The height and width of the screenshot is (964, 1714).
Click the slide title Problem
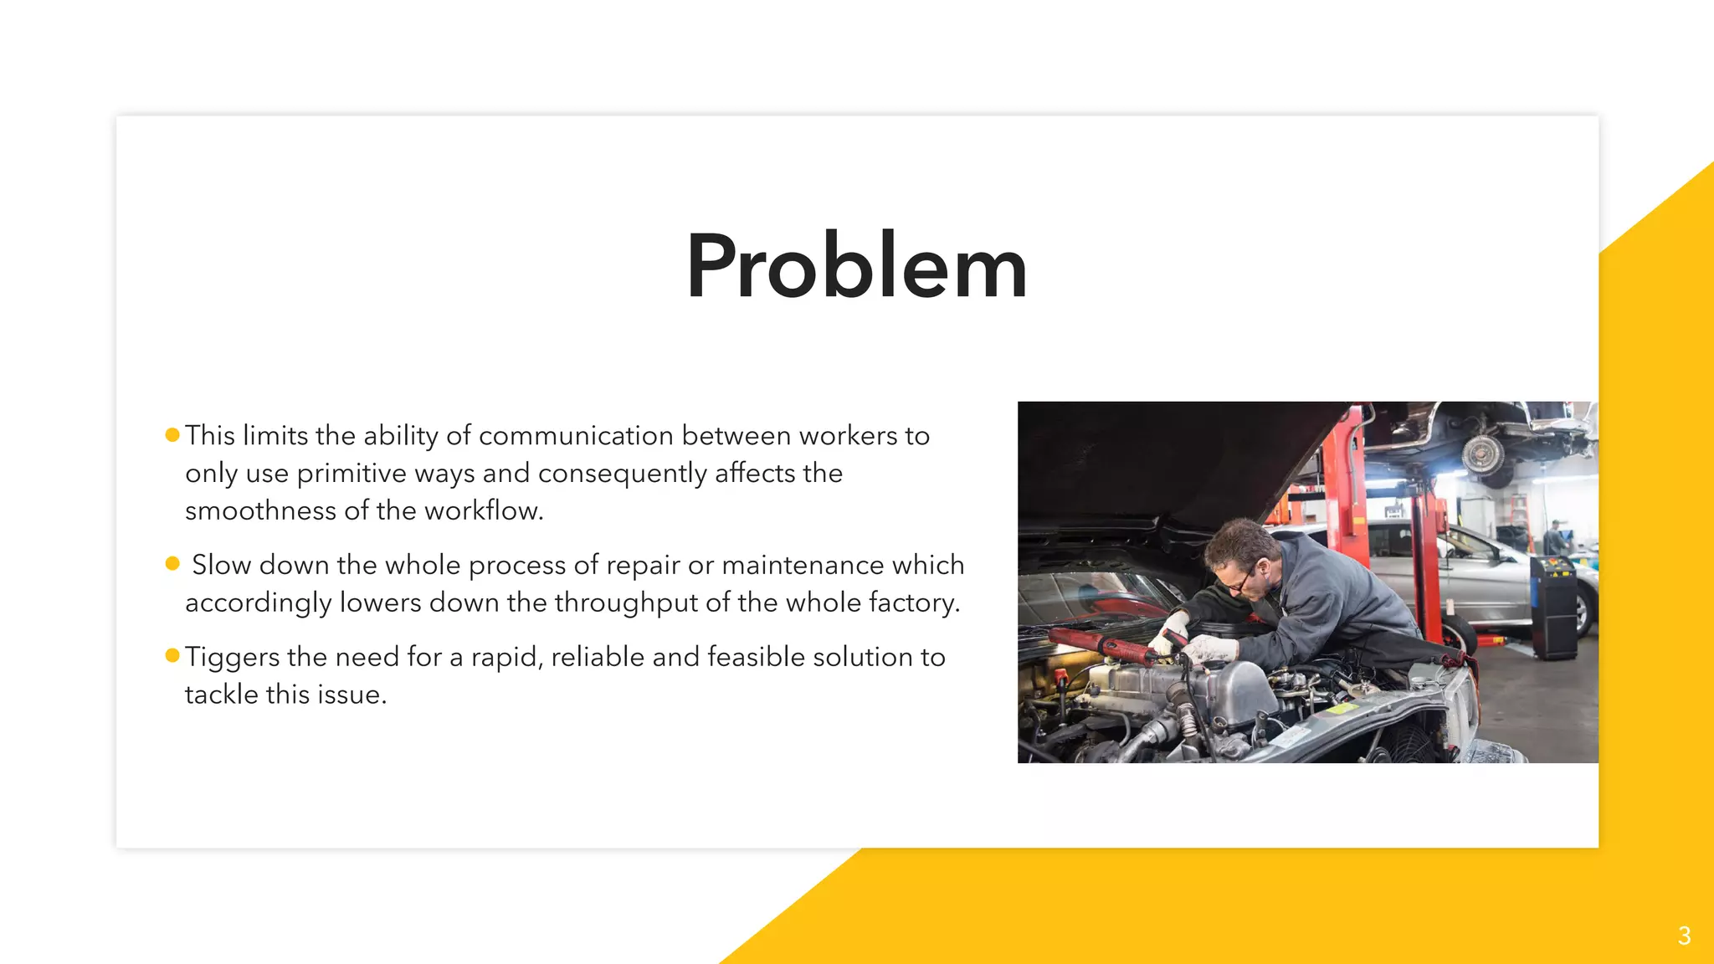(x=856, y=266)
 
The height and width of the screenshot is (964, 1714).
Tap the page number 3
(x=1684, y=936)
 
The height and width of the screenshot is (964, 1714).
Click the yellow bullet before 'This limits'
(x=172, y=434)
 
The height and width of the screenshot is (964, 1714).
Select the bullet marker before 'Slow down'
(x=172, y=563)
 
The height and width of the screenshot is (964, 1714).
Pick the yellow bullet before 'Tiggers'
(x=172, y=655)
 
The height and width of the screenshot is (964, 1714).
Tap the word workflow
(x=483, y=511)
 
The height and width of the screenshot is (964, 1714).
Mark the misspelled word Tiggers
(x=232, y=658)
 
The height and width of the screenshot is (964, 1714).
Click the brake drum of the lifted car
(x=1483, y=455)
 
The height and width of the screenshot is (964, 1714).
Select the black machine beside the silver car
(x=1553, y=607)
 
